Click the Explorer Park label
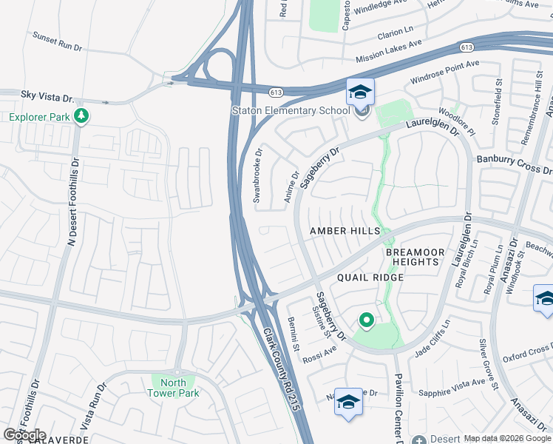(x=38, y=117)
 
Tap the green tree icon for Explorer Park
(x=81, y=116)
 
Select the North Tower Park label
(x=174, y=388)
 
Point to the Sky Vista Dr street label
(x=48, y=97)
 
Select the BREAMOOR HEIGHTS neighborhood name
(x=415, y=258)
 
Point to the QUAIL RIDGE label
(x=370, y=277)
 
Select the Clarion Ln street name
(x=395, y=33)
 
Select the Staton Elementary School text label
(x=291, y=111)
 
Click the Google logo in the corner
(x=24, y=435)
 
